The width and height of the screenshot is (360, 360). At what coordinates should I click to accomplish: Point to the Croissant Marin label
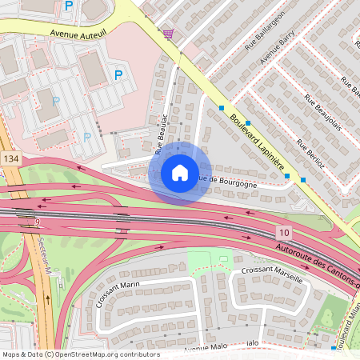pyautogui.click(x=118, y=294)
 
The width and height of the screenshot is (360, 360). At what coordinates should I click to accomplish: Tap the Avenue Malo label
pyautogui.click(x=206, y=346)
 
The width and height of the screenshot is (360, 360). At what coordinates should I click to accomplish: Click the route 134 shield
pyautogui.click(x=10, y=160)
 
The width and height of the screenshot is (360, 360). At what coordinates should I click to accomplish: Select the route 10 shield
pyautogui.click(x=283, y=231)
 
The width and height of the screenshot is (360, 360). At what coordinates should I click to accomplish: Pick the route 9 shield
pyautogui.click(x=37, y=222)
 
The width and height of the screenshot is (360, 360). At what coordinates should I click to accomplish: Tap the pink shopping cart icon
pyautogui.click(x=168, y=34)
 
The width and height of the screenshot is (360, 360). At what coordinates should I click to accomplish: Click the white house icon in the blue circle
pyautogui.click(x=180, y=173)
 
